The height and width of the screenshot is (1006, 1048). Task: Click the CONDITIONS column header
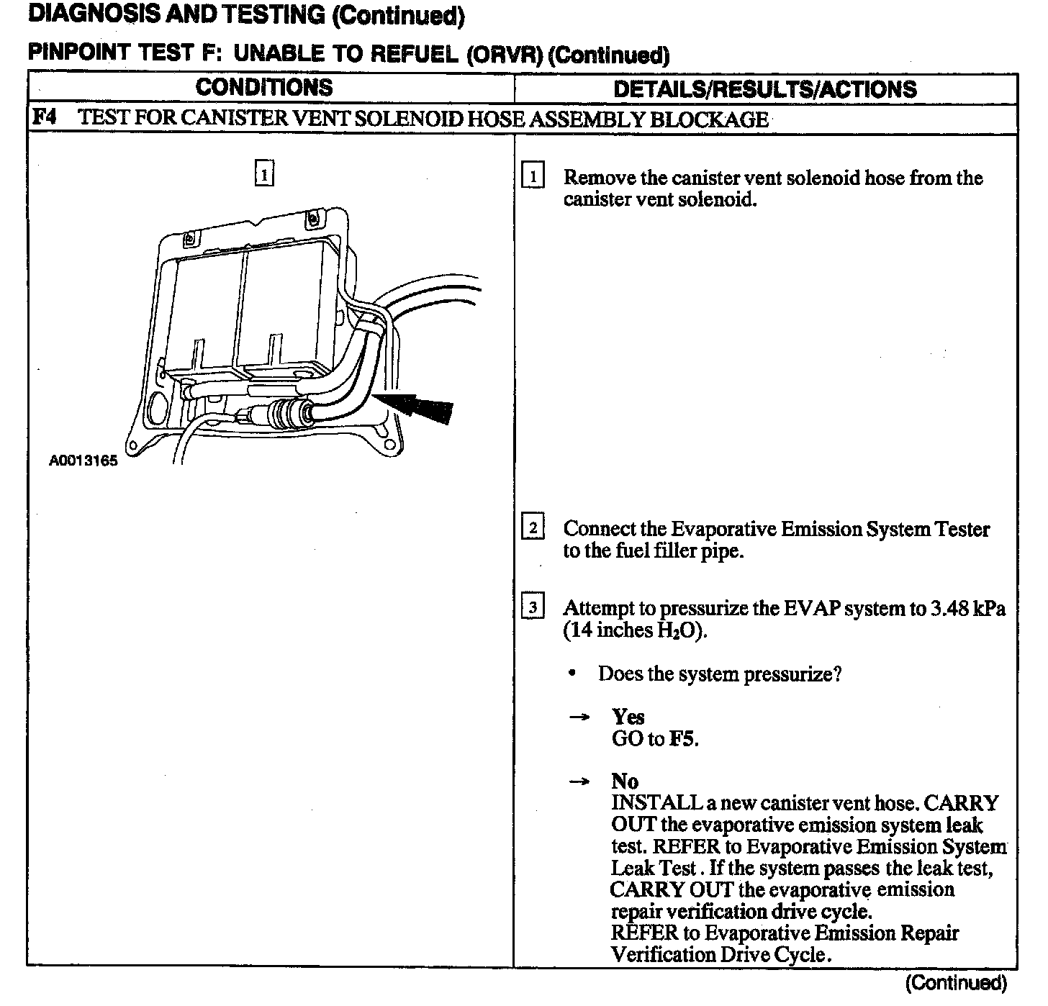(264, 88)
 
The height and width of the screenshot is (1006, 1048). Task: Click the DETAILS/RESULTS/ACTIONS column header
(764, 89)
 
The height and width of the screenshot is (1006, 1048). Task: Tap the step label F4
(44, 117)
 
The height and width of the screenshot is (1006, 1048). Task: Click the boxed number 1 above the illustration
(264, 174)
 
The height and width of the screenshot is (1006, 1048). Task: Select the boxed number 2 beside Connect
(532, 528)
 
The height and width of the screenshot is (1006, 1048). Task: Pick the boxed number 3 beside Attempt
(532, 607)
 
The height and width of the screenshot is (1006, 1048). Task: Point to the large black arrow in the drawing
(421, 407)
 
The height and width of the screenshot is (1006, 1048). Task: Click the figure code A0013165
(83, 461)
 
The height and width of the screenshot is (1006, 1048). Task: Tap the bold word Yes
(628, 717)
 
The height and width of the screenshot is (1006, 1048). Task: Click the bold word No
(624, 781)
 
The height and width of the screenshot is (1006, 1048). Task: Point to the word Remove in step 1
(599, 178)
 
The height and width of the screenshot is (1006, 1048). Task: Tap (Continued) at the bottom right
(956, 983)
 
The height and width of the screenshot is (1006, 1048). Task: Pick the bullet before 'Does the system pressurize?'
(572, 674)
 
